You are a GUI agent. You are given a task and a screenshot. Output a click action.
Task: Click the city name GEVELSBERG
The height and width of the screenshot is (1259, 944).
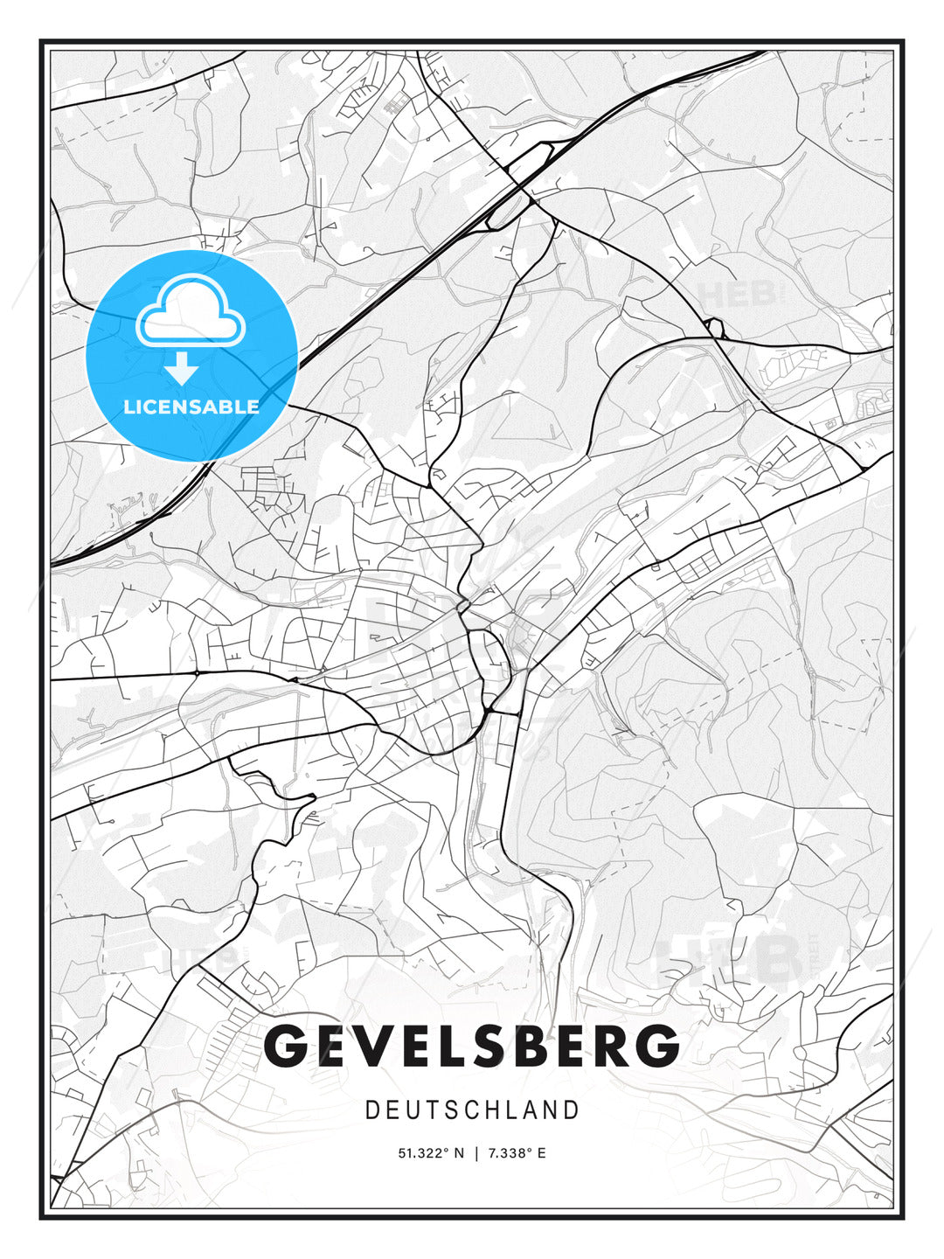tap(472, 1046)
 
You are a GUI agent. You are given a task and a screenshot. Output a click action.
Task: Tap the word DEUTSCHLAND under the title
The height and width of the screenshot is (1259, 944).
tap(472, 1110)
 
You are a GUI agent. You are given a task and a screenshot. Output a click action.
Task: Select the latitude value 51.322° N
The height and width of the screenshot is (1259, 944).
tap(432, 1153)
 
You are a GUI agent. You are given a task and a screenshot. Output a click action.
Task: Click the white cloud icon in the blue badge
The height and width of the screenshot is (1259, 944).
tap(191, 310)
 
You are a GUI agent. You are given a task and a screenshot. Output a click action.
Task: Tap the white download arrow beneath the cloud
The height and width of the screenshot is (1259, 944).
tap(182, 369)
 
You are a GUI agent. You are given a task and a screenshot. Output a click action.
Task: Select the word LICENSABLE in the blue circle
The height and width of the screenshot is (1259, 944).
tap(191, 407)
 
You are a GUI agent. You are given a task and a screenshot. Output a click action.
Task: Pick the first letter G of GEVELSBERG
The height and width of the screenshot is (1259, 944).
tap(285, 1046)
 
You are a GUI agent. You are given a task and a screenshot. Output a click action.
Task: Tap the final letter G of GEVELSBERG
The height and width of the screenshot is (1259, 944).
tap(656, 1046)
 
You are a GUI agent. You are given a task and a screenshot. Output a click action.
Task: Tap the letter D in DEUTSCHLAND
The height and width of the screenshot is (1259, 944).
tap(372, 1110)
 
